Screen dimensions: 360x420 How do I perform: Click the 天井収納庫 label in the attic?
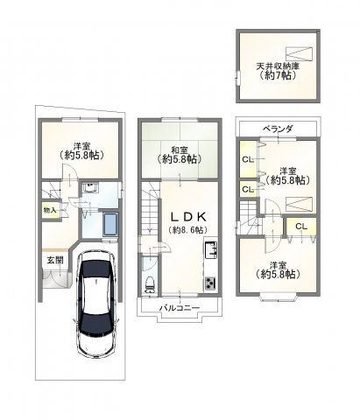pos(278,66)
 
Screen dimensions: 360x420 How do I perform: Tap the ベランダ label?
pos(278,129)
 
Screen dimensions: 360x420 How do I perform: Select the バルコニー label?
pos(180,308)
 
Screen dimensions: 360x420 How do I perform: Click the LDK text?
pos(188,217)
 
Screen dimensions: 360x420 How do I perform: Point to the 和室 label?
pos(180,150)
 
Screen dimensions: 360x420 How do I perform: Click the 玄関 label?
pos(55,260)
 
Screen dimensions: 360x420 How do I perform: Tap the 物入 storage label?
pos(50,210)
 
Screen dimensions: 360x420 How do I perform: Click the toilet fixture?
pos(150,284)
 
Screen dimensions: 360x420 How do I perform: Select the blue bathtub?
pos(110,225)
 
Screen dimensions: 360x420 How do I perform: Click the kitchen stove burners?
pos(210,283)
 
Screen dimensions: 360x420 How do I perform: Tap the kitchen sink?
pos(210,250)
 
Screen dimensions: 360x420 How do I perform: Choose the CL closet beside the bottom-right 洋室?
pos(301,227)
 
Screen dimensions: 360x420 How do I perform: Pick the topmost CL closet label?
pos(247,159)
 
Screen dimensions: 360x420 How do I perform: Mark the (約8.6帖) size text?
pos(188,230)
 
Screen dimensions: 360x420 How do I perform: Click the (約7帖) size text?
pos(278,75)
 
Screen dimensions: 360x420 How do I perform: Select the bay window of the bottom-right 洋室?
pos(278,297)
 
